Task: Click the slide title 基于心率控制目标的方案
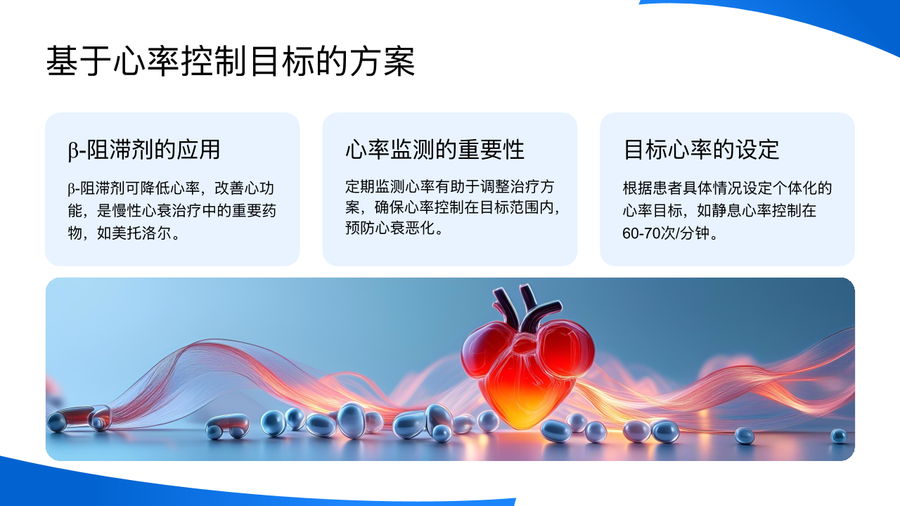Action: pyautogui.click(x=231, y=61)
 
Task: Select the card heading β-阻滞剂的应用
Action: pyautogui.click(x=144, y=150)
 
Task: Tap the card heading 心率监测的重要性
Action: pyautogui.click(x=435, y=150)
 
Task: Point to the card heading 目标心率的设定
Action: pyautogui.click(x=701, y=150)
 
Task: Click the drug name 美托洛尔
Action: pyautogui.click(x=141, y=233)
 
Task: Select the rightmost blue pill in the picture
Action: pyautogui.click(x=839, y=436)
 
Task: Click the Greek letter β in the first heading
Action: pyautogui.click(x=72, y=151)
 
